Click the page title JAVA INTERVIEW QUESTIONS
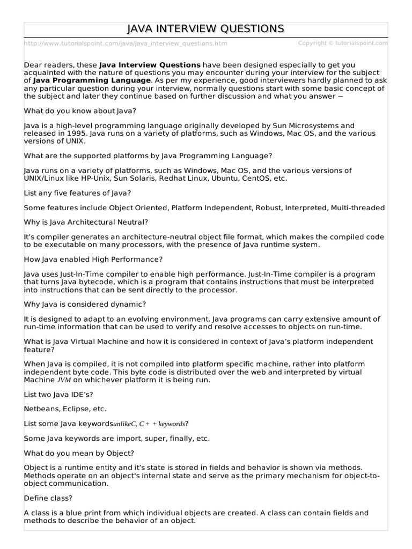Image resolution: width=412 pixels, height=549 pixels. [206, 28]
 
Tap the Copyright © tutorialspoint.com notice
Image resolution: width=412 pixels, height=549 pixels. [342, 43]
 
